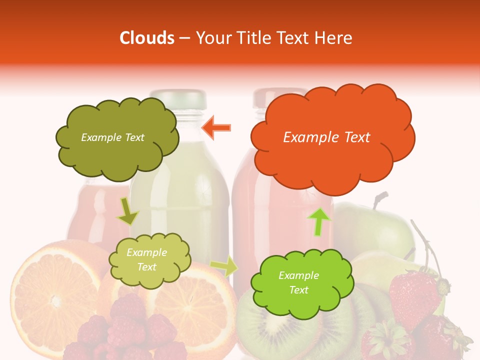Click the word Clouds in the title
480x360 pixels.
tap(147, 38)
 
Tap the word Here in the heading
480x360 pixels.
tap(333, 38)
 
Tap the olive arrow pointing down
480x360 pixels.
tap(128, 211)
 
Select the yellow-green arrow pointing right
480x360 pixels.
tap(224, 267)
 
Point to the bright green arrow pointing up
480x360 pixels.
tap(319, 221)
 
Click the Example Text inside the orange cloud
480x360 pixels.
tap(326, 137)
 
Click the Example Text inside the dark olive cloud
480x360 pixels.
tap(112, 137)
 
